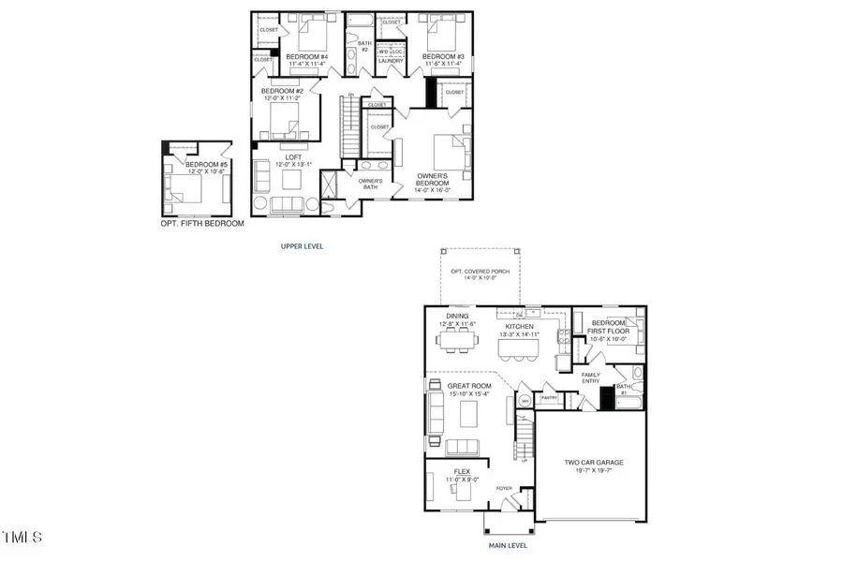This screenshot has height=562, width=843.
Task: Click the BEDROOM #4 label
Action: tap(307, 56)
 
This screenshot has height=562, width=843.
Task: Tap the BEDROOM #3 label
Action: tap(439, 56)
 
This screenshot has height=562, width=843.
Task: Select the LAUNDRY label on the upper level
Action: tap(390, 61)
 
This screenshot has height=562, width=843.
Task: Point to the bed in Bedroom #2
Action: tap(282, 119)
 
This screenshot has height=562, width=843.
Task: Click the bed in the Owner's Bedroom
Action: tap(449, 150)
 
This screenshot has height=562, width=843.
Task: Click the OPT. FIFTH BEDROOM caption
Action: tap(202, 224)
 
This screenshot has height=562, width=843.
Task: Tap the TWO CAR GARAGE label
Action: tap(593, 462)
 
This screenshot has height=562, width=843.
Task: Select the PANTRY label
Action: tap(550, 397)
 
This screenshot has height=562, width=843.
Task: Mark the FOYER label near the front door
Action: tap(504, 488)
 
